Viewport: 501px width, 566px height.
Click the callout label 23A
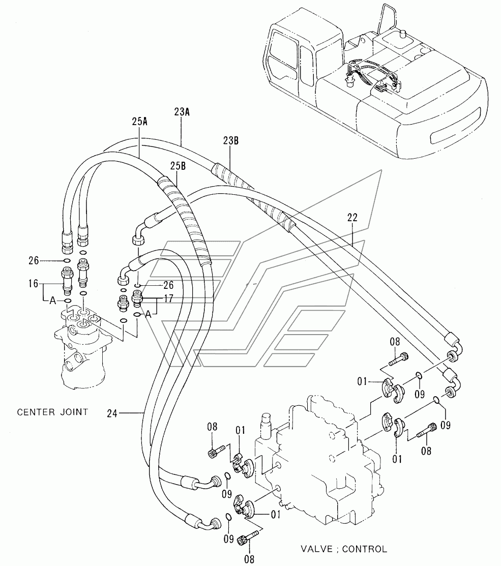(182, 112)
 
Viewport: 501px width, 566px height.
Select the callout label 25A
(139, 121)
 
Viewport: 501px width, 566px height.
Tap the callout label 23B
(230, 140)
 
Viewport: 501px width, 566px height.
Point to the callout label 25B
(178, 166)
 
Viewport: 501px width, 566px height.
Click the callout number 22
(352, 217)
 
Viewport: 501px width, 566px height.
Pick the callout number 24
(112, 413)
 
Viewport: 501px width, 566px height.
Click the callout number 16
(33, 284)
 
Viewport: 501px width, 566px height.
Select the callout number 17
(168, 299)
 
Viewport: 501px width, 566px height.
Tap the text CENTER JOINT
(53, 412)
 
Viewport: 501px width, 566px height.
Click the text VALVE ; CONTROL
(344, 549)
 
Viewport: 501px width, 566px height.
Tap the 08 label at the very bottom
(249, 559)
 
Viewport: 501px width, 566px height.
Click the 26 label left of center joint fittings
(34, 260)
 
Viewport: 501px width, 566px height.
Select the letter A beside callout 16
(53, 301)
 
